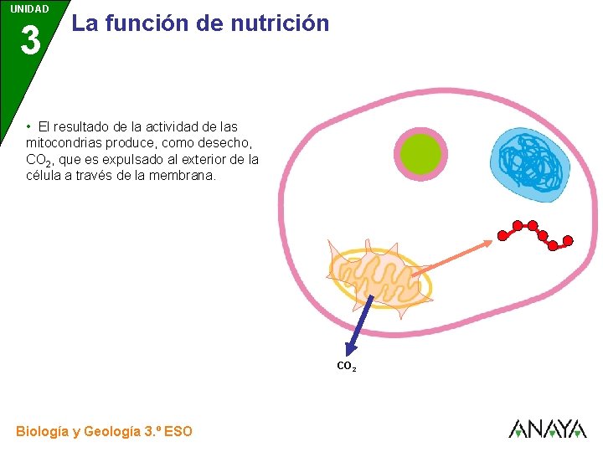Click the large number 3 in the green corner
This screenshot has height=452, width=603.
(x=30, y=40)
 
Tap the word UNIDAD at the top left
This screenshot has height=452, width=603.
(x=29, y=9)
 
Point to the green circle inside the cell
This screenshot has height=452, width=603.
(x=420, y=152)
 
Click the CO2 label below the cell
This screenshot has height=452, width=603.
(x=346, y=367)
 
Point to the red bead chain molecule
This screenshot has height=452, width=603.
(x=535, y=234)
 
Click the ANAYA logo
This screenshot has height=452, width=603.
(x=547, y=429)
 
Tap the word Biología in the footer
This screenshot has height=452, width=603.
(x=42, y=432)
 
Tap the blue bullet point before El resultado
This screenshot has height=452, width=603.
(x=28, y=126)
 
